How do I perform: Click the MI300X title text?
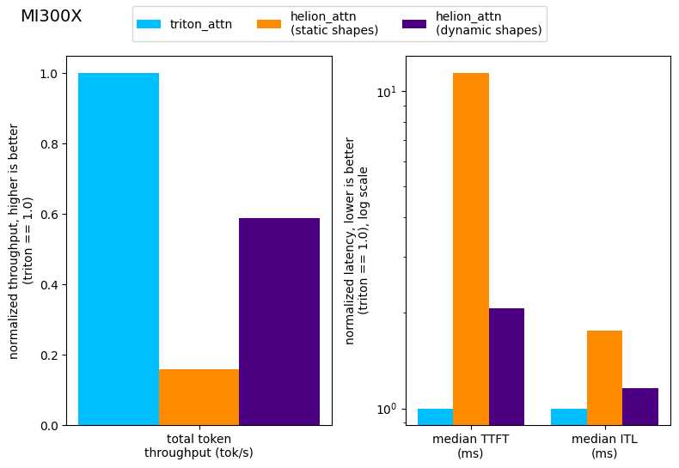(x=51, y=16)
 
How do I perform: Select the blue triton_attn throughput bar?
(x=119, y=249)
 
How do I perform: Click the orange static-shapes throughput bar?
(x=199, y=397)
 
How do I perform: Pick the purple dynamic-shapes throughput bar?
(x=279, y=321)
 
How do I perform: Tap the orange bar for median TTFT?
(x=471, y=249)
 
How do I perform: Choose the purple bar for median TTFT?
(x=506, y=367)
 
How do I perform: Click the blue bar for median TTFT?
(x=435, y=416)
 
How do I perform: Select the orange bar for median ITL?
(x=604, y=378)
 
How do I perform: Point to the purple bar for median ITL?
(x=640, y=406)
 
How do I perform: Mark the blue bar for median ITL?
(x=569, y=416)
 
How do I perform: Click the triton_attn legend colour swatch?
(x=149, y=24)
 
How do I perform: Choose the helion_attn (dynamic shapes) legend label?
(x=488, y=24)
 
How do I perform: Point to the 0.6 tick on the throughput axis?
(x=51, y=215)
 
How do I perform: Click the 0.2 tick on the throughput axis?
(x=51, y=356)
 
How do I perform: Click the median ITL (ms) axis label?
(x=604, y=446)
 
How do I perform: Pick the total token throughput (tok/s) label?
(x=199, y=446)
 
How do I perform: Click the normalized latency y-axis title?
(x=356, y=240)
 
